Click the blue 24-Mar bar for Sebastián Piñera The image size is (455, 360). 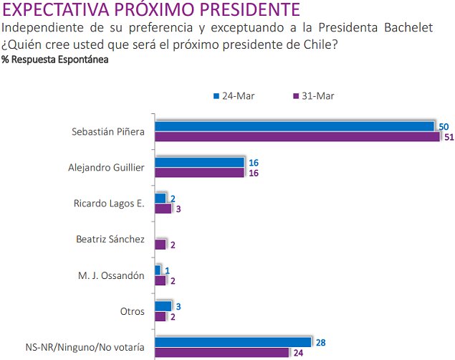294,126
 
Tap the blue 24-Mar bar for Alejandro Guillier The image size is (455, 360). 199,162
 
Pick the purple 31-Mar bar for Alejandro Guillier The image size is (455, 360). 199,173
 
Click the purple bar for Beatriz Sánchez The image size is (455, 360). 161,245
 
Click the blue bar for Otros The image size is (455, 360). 163,306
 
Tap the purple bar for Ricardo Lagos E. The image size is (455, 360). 163,209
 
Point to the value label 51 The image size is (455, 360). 450,138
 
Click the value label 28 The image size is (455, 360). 320,342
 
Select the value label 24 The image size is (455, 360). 298,353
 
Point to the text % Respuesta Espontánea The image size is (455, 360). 55,60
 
